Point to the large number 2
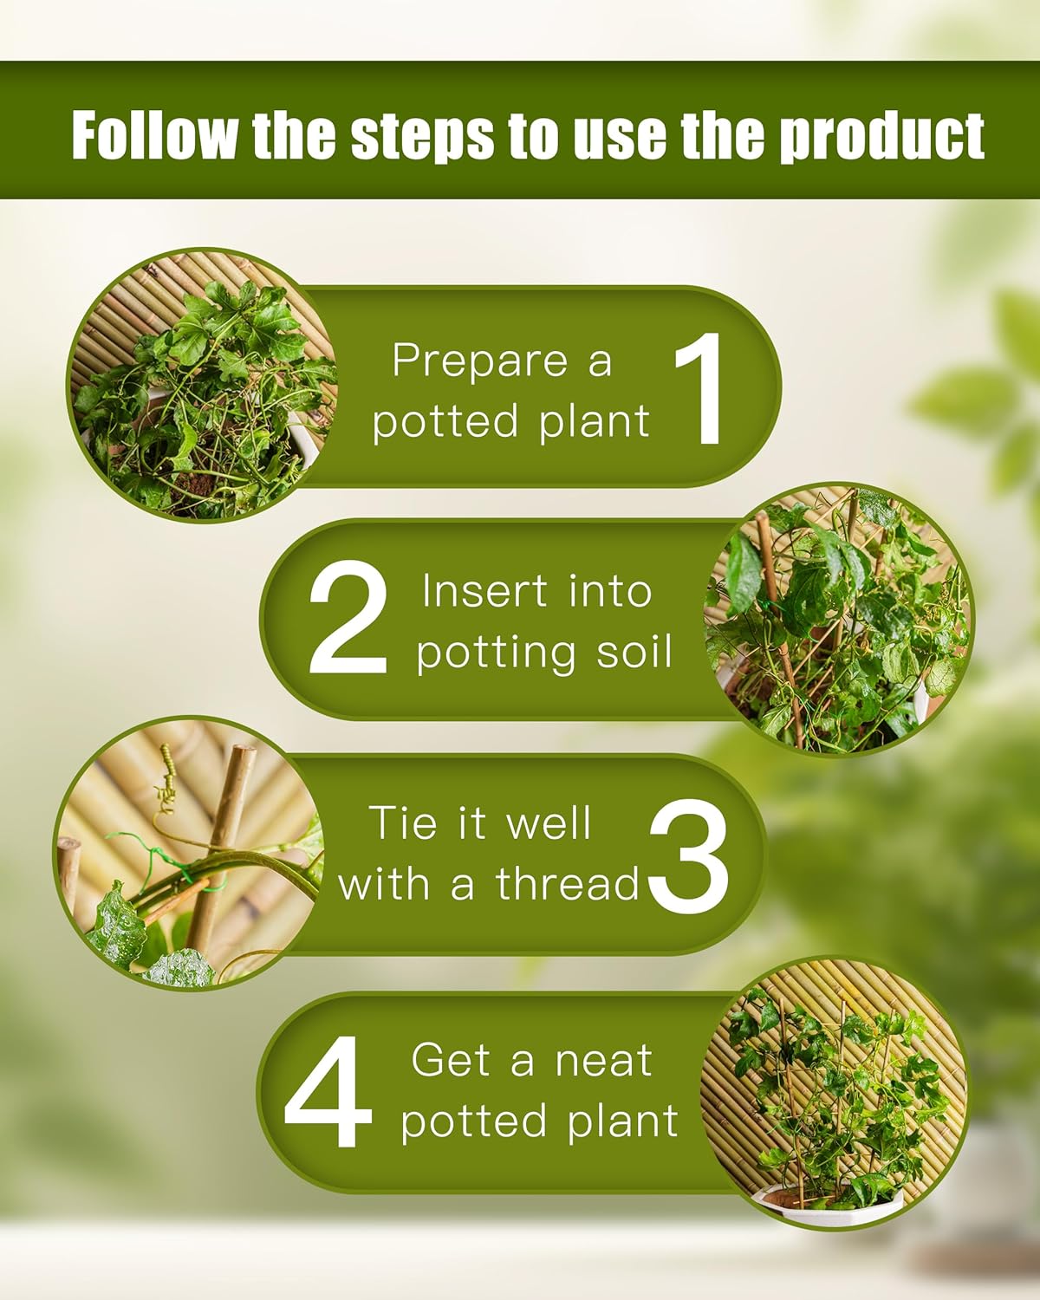(x=348, y=617)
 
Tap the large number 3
(x=688, y=855)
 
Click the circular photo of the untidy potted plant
(x=203, y=386)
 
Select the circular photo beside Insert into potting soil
(x=839, y=618)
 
